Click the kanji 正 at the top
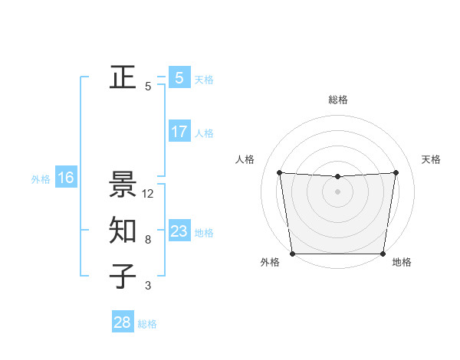tap(123, 77)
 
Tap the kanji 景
tap(123, 185)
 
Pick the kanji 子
tap(123, 277)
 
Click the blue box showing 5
tap(179, 78)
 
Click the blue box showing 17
tap(179, 132)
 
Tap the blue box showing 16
tap(65, 178)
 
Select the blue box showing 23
tap(179, 231)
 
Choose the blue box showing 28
tap(122, 322)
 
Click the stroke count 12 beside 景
tap(148, 194)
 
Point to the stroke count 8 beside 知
tap(148, 240)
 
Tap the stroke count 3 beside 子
tap(148, 286)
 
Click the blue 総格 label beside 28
tap(147, 324)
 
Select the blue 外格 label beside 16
tap(41, 179)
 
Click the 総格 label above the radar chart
tap(337, 100)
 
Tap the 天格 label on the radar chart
tap(431, 159)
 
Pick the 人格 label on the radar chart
tap(245, 159)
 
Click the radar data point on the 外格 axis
tap(292, 254)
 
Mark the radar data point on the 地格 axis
tap(383, 254)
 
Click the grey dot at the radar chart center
tap(337, 191)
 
